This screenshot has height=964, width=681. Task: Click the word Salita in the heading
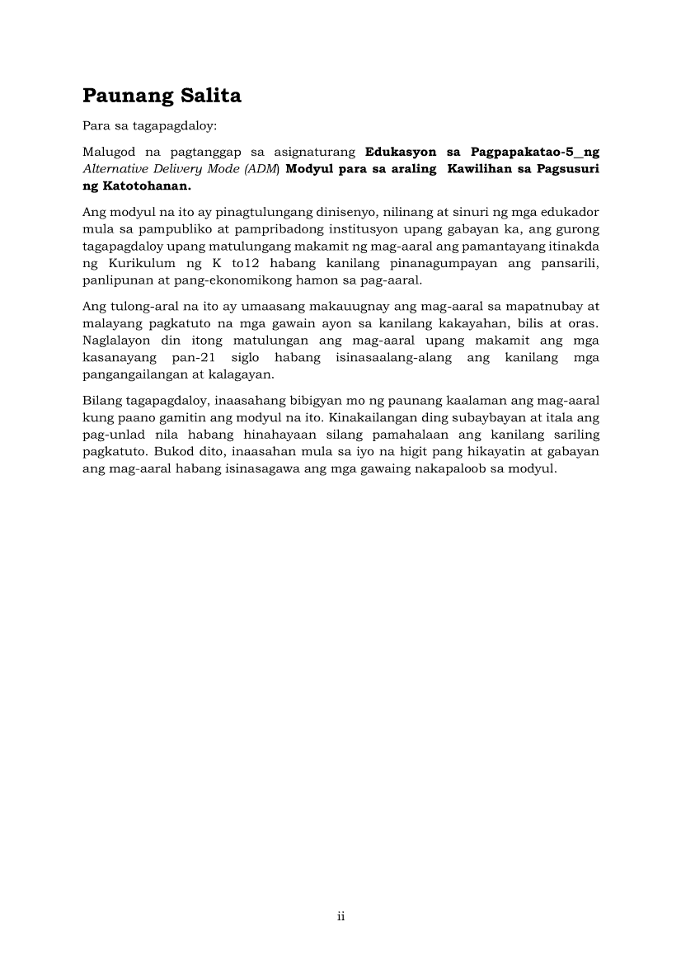point(209,96)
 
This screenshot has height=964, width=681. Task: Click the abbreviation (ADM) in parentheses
point(263,169)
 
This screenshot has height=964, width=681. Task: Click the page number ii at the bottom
point(340,917)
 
